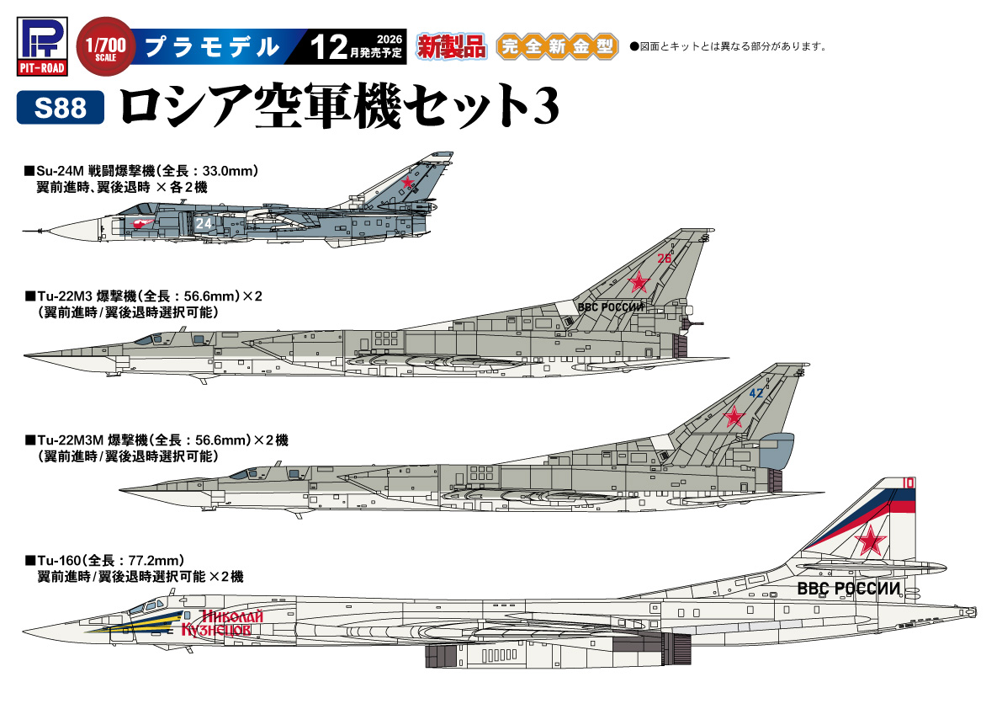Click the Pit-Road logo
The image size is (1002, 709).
[42, 46]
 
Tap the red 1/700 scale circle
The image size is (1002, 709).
[105, 46]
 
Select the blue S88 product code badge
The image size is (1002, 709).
[60, 108]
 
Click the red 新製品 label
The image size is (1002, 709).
[452, 46]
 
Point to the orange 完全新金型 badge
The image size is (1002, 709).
[557, 46]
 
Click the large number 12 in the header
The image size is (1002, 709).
[329, 46]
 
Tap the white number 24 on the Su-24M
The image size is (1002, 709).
[204, 224]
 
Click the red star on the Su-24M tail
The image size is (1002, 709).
[407, 182]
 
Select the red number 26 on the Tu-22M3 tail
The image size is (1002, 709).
[665, 259]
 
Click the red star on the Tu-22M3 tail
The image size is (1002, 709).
[639, 281]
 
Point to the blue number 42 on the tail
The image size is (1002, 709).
[756, 393]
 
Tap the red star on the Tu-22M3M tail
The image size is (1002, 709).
[734, 417]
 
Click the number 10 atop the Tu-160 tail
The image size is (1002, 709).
[908, 482]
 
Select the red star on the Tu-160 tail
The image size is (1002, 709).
[871, 541]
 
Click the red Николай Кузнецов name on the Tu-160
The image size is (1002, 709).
[222, 623]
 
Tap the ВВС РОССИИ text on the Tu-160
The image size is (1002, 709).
[849, 589]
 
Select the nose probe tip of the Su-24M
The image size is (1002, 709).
[23, 231]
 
